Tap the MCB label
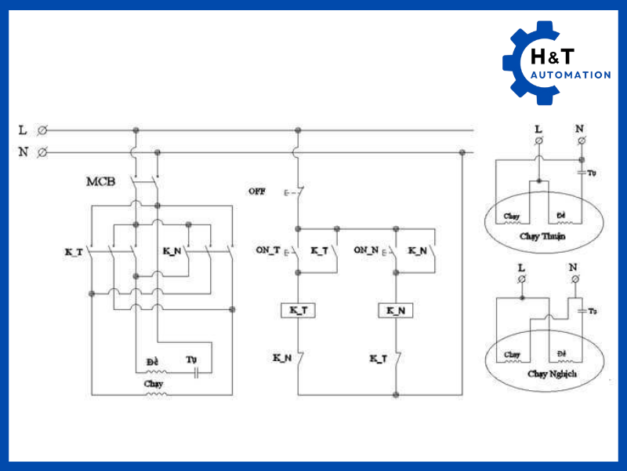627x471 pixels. [101, 182]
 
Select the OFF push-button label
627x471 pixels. [256, 191]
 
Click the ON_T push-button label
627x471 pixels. [267, 250]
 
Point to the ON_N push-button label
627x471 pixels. [365, 250]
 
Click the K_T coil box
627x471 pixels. [298, 310]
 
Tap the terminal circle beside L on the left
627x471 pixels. [42, 130]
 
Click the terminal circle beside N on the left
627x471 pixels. [42, 152]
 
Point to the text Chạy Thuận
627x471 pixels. [542, 235]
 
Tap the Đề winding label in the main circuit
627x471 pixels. [152, 360]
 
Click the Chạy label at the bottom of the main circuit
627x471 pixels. [154, 384]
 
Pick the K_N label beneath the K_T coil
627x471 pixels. [282, 358]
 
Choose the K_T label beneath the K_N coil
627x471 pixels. [379, 358]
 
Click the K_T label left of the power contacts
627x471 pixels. [74, 251]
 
